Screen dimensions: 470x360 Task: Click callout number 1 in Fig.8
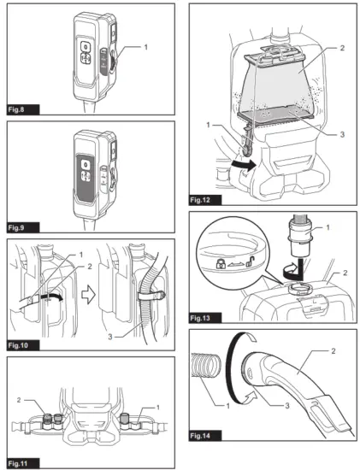coord(146,44)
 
